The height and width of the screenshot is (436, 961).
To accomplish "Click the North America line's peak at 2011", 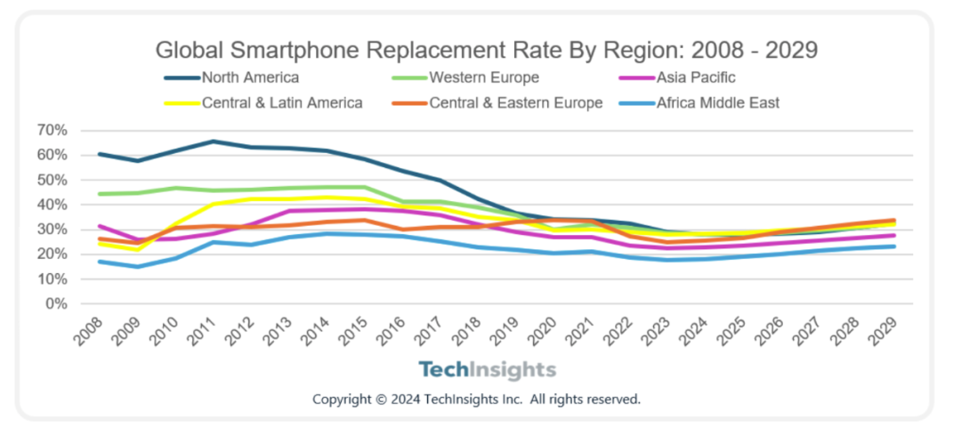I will point(213,141).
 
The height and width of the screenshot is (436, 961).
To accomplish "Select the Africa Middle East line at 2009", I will point(137,266).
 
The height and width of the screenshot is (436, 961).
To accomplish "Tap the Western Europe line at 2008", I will point(100,194).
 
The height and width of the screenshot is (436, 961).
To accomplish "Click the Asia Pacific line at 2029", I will point(894,235).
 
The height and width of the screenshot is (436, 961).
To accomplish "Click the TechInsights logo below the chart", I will point(488,370).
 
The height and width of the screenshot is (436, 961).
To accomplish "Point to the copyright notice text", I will point(476,399).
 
